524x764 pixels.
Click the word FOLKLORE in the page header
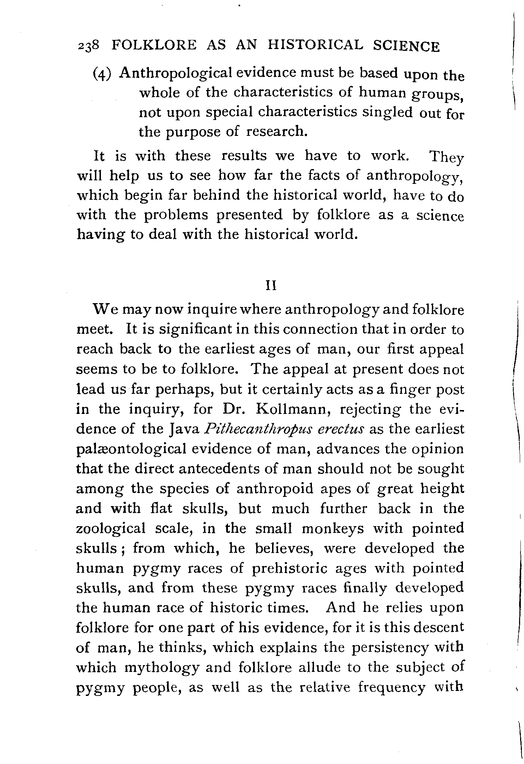[153, 46]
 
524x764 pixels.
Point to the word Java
[184, 429]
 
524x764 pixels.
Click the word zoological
[111, 528]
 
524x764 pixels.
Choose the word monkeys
[333, 528]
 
